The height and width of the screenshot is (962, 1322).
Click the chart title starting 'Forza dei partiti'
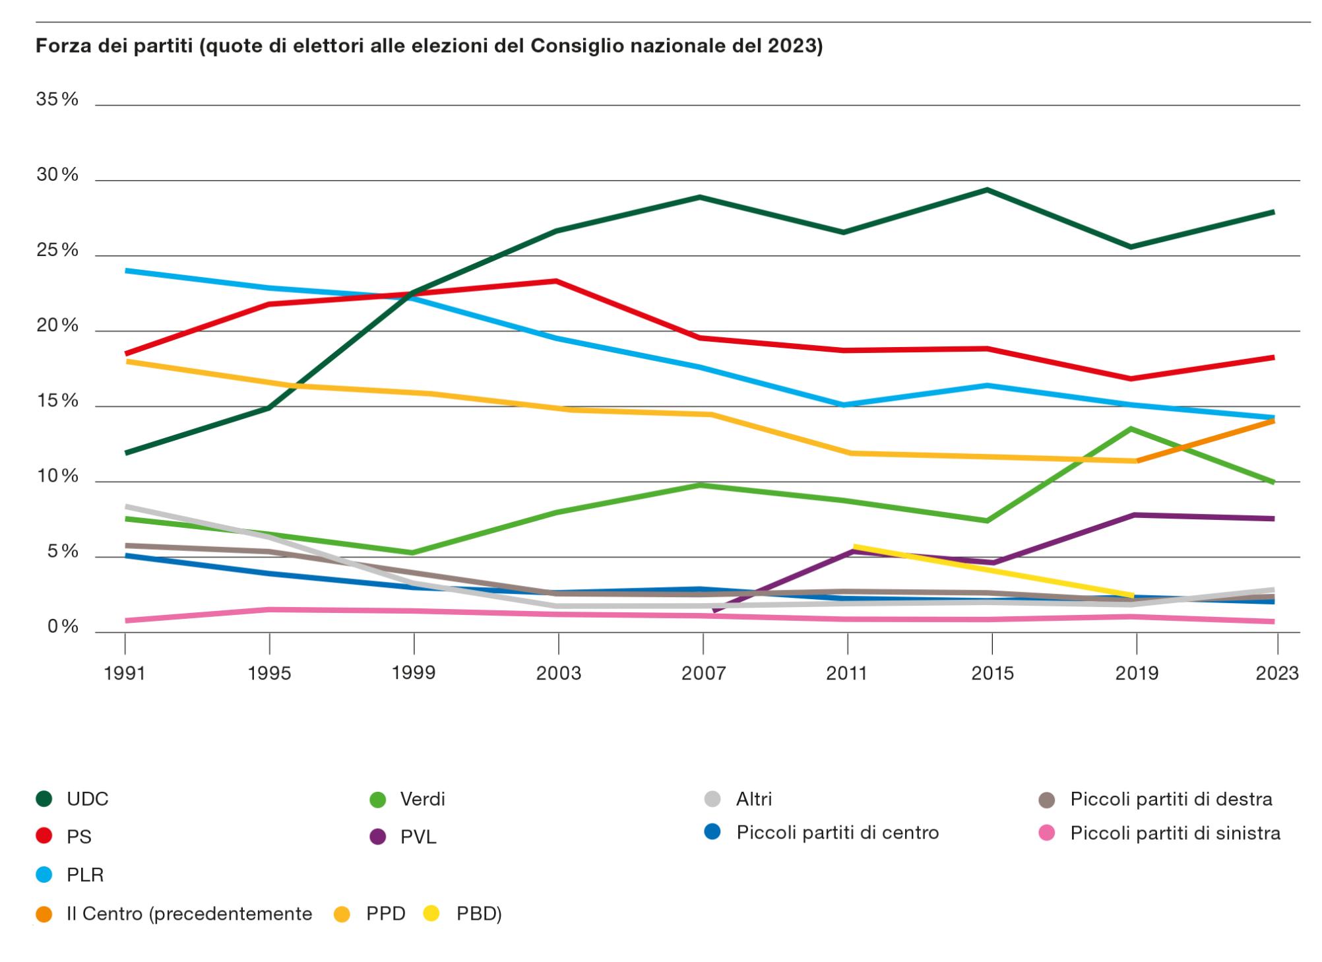point(429,46)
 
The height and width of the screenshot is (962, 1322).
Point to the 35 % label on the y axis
point(57,100)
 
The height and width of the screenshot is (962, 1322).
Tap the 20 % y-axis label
point(57,326)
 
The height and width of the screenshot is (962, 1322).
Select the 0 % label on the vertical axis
point(63,627)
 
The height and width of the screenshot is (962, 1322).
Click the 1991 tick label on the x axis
point(125,673)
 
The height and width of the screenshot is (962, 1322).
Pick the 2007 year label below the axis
point(703,673)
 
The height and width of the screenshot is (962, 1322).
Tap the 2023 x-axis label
point(1277,673)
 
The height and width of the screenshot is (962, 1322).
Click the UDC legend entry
point(87,799)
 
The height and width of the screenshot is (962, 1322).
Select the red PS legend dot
point(44,837)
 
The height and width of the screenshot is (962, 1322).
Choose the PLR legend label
point(85,875)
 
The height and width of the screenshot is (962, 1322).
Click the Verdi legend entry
point(422,799)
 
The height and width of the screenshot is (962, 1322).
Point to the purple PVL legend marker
point(377,837)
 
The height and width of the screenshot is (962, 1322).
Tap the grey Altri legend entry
point(753,799)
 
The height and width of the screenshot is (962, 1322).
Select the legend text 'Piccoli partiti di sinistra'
point(1175,833)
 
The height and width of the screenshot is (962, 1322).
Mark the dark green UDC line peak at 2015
point(986,190)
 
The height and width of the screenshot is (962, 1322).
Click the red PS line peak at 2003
point(557,281)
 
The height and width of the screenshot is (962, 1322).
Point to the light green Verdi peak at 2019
point(1131,429)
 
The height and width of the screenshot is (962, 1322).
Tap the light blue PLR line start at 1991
point(127,271)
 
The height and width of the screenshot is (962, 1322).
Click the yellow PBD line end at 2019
point(1131,595)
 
